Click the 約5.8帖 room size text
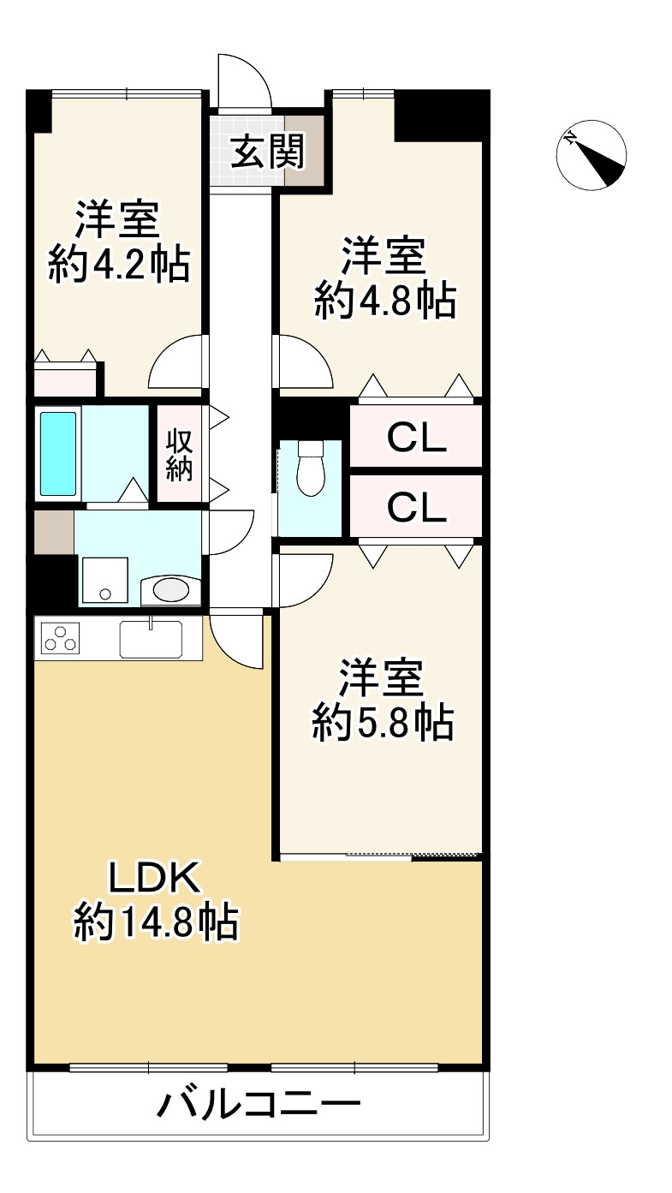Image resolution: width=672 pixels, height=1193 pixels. coord(382,725)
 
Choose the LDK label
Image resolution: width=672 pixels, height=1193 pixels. coord(153,879)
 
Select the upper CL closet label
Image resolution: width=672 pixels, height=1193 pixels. coord(416,438)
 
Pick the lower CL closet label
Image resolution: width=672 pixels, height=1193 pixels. coord(416,508)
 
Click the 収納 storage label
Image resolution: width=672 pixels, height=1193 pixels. coord(179,455)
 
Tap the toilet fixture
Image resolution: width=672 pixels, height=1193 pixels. coord(310,468)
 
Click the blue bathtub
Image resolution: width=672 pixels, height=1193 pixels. coord(58,453)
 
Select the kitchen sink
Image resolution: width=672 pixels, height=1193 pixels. coord(150,638)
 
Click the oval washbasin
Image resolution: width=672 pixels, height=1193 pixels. coord(170,589)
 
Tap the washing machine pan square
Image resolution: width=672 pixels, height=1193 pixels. coord(104,582)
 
